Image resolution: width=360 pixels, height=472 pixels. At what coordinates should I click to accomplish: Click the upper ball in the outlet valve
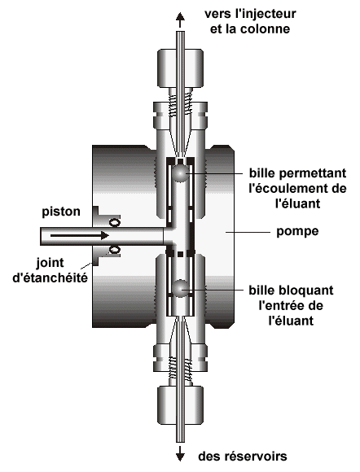click(180, 173)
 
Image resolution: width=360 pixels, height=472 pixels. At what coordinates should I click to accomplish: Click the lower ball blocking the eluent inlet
click(180, 288)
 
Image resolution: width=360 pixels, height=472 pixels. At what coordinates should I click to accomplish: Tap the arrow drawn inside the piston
click(80, 235)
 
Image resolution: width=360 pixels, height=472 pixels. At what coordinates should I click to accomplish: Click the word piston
click(61, 212)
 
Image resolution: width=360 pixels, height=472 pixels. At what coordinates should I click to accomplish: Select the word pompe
click(297, 232)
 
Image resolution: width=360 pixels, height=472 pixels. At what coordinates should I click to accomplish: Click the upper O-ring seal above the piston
click(115, 222)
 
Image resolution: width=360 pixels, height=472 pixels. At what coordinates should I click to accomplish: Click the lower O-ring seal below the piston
click(115, 250)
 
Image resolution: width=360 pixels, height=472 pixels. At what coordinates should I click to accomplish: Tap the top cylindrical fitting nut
click(180, 68)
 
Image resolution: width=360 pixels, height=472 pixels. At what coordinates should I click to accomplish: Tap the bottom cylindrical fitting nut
click(180, 405)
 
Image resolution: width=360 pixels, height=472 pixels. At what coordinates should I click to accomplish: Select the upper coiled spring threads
click(180, 104)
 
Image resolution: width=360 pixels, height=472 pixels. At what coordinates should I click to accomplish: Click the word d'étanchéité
click(50, 278)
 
